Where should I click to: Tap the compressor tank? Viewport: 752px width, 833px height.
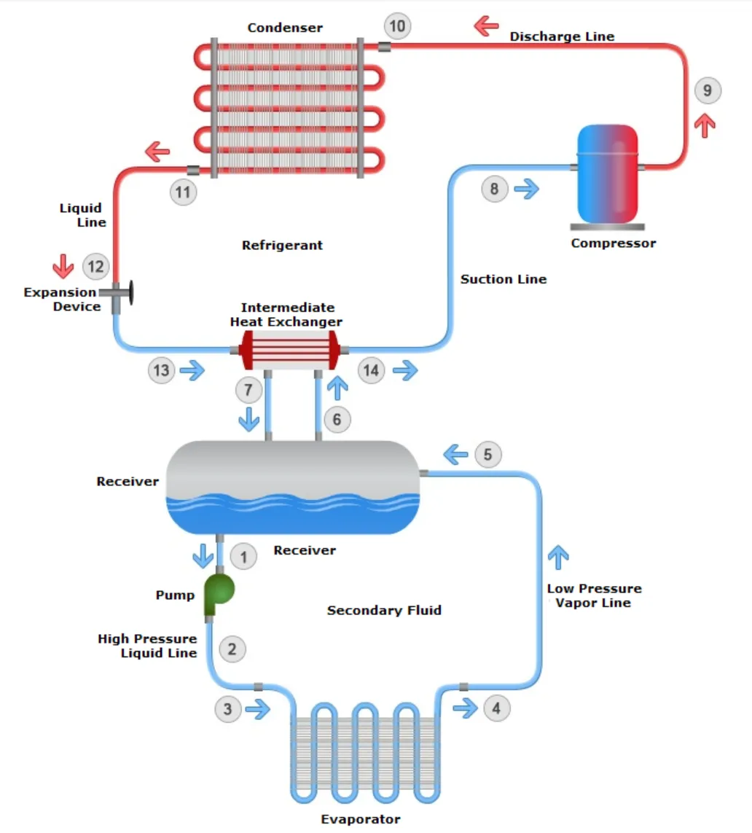click(607, 173)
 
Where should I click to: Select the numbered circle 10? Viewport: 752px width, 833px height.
click(397, 27)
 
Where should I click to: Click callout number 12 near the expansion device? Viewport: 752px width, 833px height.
click(95, 267)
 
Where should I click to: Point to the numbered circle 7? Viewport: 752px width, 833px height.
click(248, 391)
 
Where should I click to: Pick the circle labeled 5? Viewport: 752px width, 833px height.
click(488, 455)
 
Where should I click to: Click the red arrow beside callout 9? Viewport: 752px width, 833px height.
click(705, 125)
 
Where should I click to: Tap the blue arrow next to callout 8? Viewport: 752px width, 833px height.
click(526, 189)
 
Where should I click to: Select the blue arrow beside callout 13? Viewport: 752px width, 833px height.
click(193, 371)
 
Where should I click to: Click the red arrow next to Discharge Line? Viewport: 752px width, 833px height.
click(485, 27)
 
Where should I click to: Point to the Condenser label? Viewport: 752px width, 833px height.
click(285, 28)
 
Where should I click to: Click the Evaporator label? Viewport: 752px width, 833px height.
click(361, 819)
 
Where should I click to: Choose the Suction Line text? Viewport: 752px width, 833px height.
click(504, 279)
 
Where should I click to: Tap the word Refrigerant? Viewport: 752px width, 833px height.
click(282, 246)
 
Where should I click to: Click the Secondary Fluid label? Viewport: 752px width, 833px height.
click(384, 610)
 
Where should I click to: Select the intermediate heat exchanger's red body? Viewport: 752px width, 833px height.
click(290, 350)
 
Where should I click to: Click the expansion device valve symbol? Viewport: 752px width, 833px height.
click(120, 293)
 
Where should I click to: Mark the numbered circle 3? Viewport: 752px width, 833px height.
click(228, 708)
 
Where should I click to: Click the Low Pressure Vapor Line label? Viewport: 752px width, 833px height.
click(595, 595)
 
